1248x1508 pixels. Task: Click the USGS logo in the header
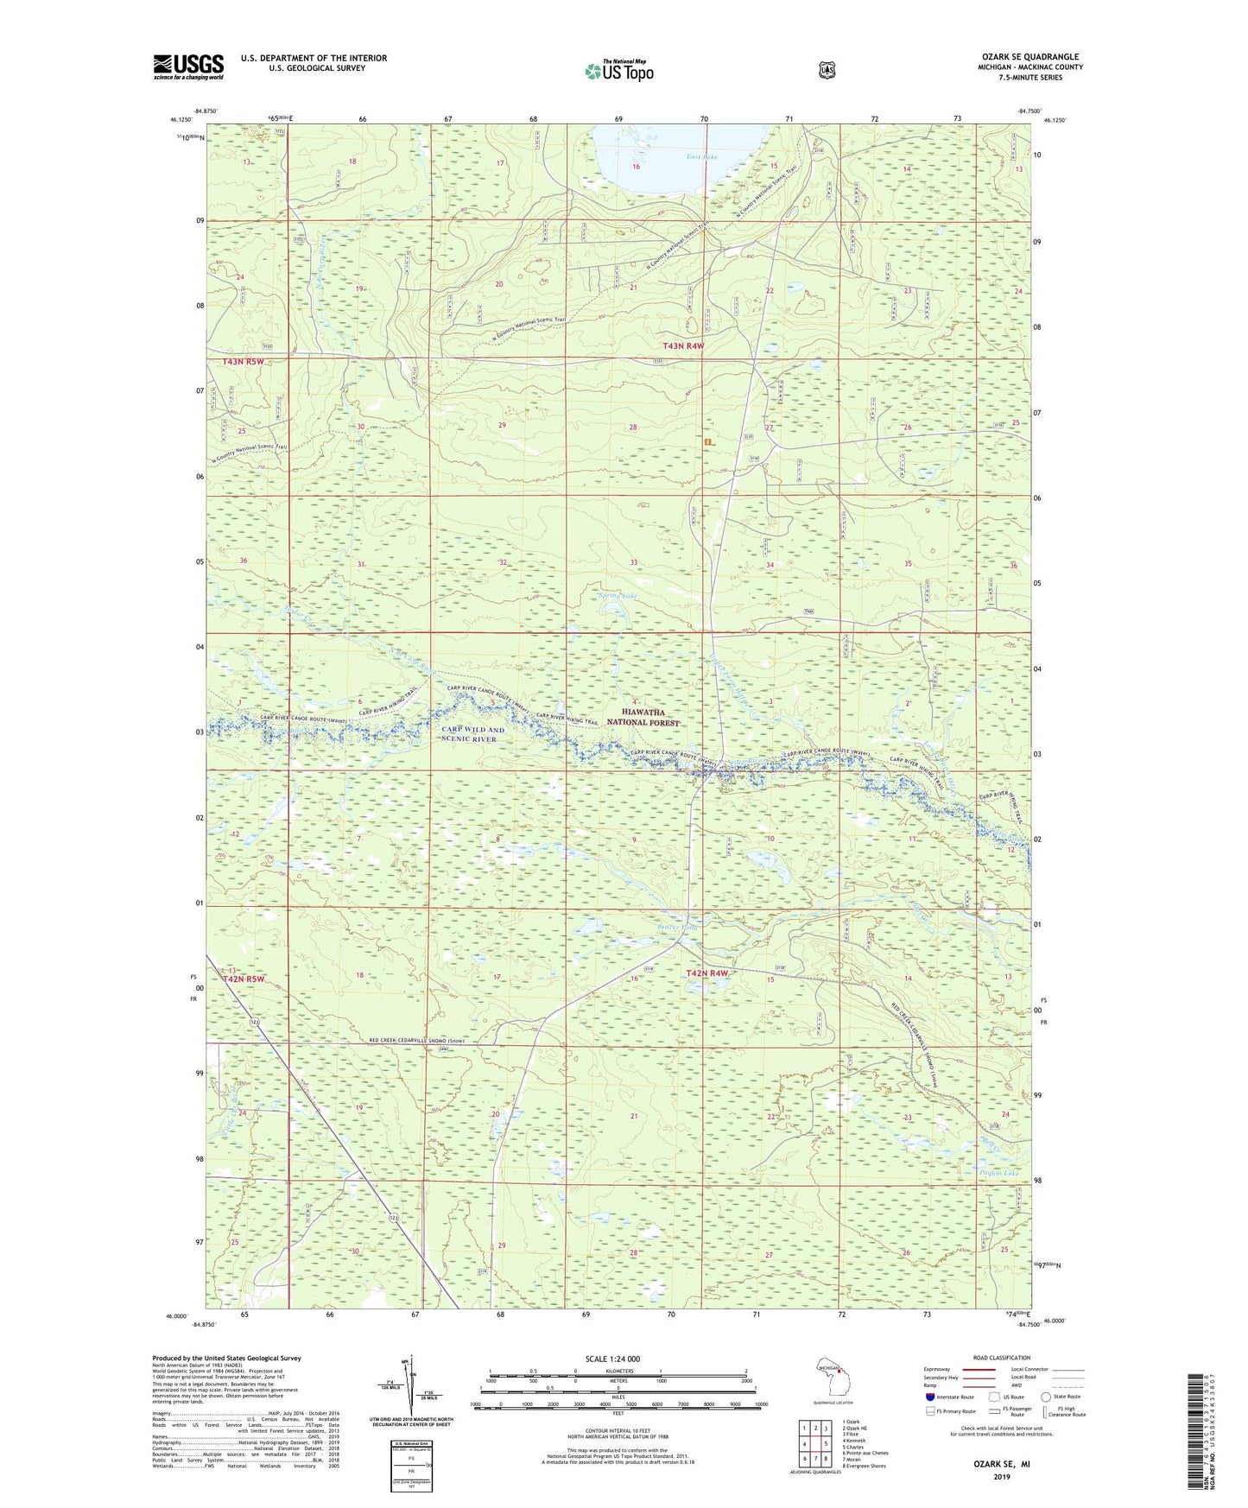[188, 67]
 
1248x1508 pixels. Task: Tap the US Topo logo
[618, 70]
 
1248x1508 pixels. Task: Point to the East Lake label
[701, 156]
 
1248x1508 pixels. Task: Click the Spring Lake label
[618, 595]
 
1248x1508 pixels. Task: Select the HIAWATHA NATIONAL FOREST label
[643, 717]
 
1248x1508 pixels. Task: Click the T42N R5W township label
[243, 979]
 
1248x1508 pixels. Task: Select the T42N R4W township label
[706, 973]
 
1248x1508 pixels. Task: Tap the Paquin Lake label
[1000, 1173]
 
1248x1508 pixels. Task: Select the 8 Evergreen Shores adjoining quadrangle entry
[866, 1466]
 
